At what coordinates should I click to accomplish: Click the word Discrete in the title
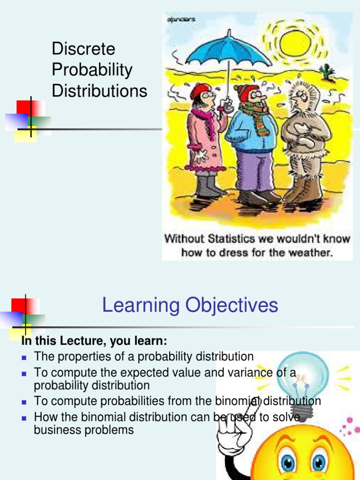[83, 49]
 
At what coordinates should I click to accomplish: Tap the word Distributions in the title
[99, 91]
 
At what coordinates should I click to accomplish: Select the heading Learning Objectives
[190, 306]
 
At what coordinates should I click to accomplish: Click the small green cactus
[327, 71]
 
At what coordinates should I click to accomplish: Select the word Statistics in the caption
[223, 239]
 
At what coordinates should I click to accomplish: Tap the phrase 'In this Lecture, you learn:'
[94, 340]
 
